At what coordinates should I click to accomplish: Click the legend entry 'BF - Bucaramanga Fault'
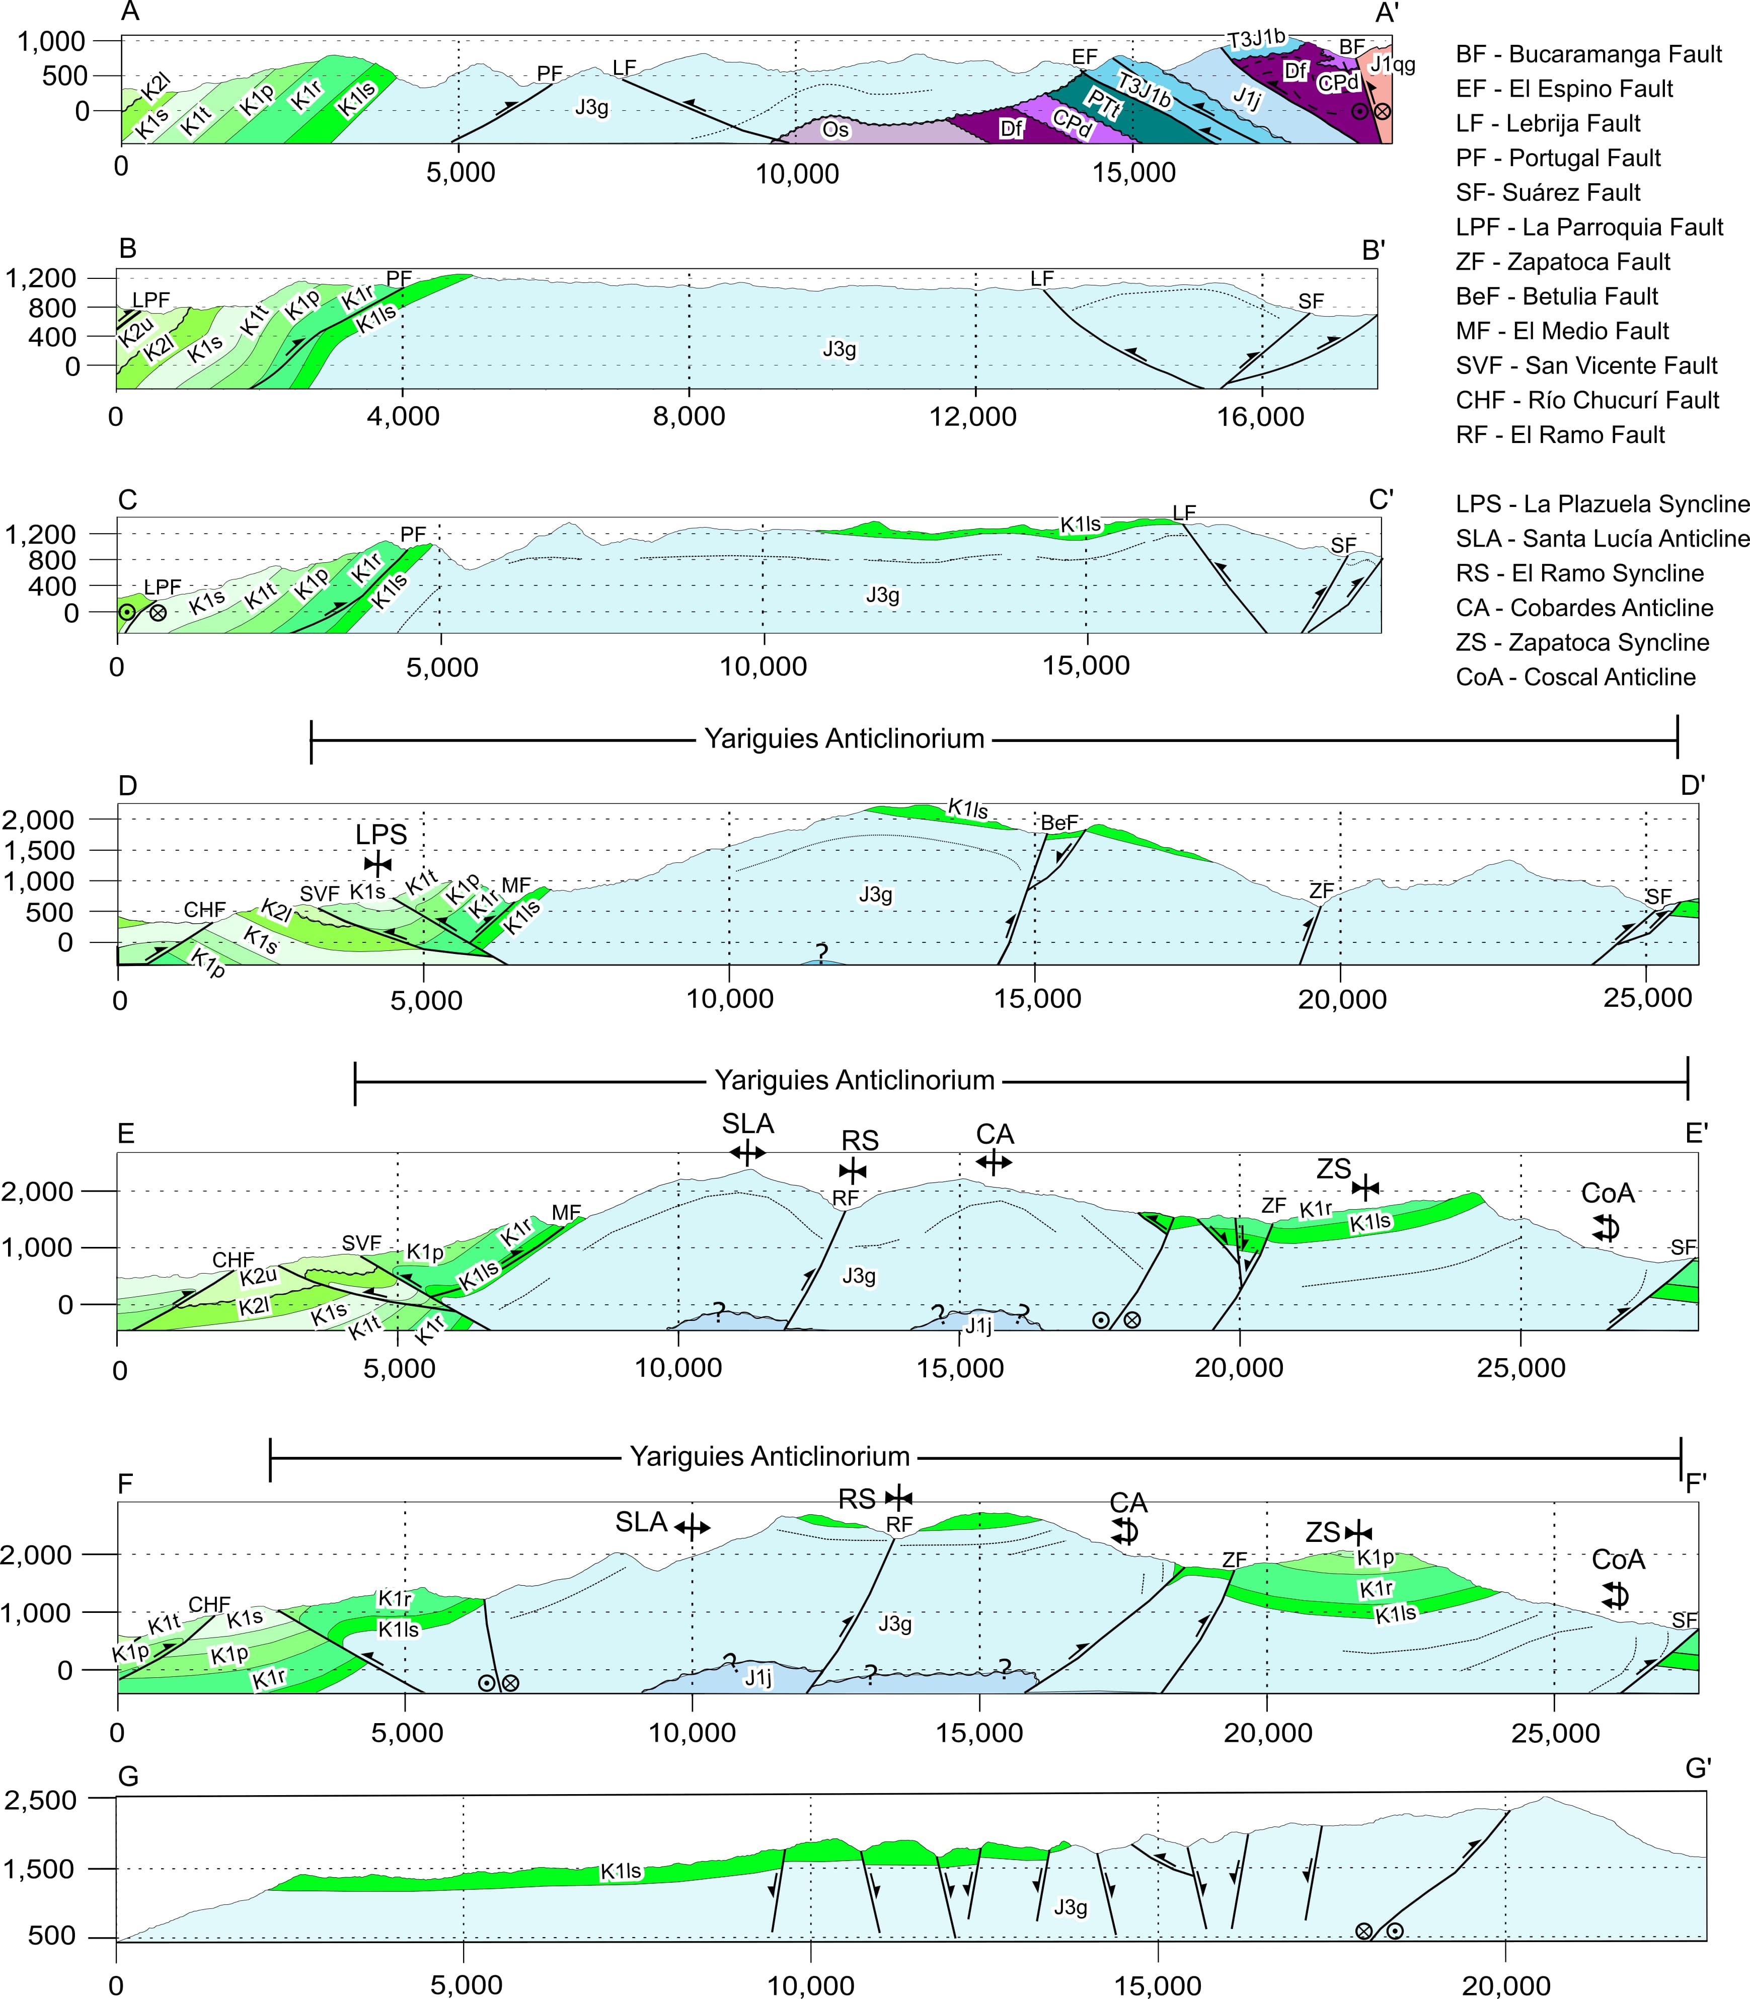coord(1588,55)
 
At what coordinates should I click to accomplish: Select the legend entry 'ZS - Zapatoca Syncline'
coord(1582,642)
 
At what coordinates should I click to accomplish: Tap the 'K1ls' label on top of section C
coord(1081,525)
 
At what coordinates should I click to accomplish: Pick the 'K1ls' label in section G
coord(621,1871)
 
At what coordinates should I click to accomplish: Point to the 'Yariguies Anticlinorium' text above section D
coord(844,739)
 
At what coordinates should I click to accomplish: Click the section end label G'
coord(1698,1767)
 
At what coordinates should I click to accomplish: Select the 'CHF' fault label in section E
coord(234,1260)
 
